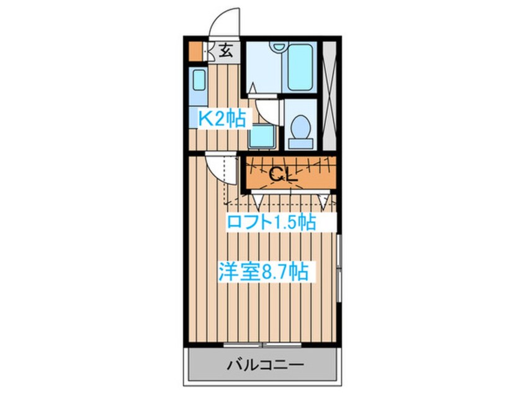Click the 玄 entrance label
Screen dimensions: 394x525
point(227,52)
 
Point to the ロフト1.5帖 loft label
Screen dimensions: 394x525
point(271,222)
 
